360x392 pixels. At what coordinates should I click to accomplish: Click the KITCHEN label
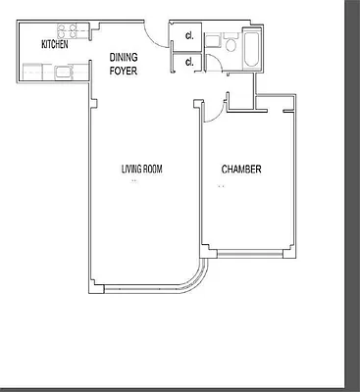coord(54,45)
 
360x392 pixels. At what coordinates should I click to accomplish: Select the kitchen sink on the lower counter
coord(65,71)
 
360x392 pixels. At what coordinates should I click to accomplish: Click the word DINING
coord(124,57)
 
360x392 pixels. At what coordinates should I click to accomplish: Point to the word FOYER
coord(123,70)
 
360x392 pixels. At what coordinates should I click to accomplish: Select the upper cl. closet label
coord(187,38)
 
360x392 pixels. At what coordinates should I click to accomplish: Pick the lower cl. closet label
coord(187,63)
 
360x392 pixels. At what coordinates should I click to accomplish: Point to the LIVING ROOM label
coord(141,170)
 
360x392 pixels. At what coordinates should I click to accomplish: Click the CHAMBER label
coord(240,170)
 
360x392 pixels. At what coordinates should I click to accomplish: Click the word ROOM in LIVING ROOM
coord(151,170)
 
